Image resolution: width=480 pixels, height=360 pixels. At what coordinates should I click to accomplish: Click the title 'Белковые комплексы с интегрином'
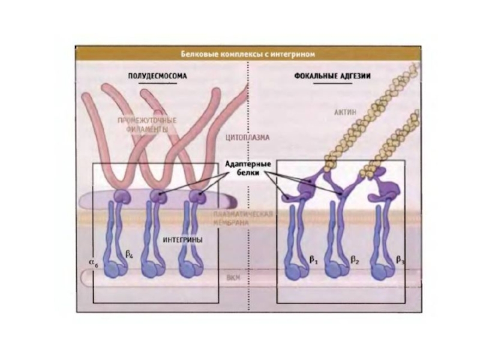coord(248,54)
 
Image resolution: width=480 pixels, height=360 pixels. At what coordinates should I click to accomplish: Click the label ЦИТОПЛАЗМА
coord(247,137)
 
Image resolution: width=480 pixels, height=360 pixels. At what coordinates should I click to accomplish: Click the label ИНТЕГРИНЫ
coord(182,239)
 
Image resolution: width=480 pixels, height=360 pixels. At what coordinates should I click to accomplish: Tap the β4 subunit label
coord(129,256)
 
